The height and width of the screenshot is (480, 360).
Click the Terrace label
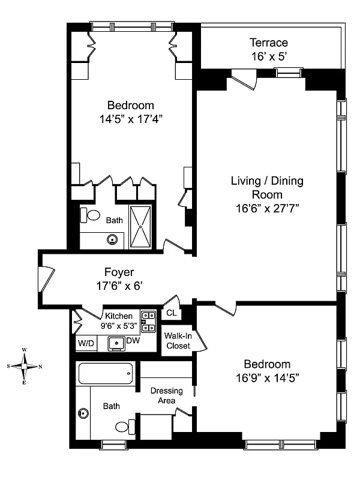pyautogui.click(x=268, y=43)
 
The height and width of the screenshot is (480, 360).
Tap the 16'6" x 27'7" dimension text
pyautogui.click(x=267, y=208)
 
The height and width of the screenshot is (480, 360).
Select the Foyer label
pyautogui.click(x=119, y=272)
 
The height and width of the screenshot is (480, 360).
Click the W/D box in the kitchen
pyautogui.click(x=86, y=343)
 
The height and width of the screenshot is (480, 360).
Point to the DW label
pyautogui.click(x=133, y=340)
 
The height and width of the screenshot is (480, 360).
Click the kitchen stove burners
pyautogui.click(x=148, y=322)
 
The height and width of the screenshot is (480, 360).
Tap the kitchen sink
pyautogui.click(x=116, y=343)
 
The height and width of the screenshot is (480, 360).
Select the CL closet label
pyautogui.click(x=172, y=313)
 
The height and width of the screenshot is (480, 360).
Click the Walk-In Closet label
pyautogui.click(x=178, y=341)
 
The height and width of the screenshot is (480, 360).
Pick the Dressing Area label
pyautogui.click(x=167, y=395)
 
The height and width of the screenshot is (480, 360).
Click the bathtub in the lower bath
pyautogui.click(x=106, y=373)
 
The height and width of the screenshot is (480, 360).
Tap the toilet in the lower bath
pyautogui.click(x=125, y=427)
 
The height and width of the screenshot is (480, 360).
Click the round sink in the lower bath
pyautogui.click(x=83, y=413)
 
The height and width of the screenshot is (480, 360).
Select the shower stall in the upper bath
pyautogui.click(x=140, y=227)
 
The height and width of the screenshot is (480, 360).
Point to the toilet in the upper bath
pyautogui.click(x=90, y=215)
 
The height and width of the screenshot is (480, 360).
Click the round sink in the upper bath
pyautogui.click(x=112, y=239)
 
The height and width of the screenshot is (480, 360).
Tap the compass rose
pyautogui.click(x=24, y=366)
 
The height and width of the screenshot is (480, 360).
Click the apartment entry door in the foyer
pyautogui.click(x=47, y=279)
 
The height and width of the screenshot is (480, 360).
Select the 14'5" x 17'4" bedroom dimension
pyautogui.click(x=131, y=119)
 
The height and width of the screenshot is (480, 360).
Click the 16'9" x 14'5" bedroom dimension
pyautogui.click(x=267, y=378)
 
